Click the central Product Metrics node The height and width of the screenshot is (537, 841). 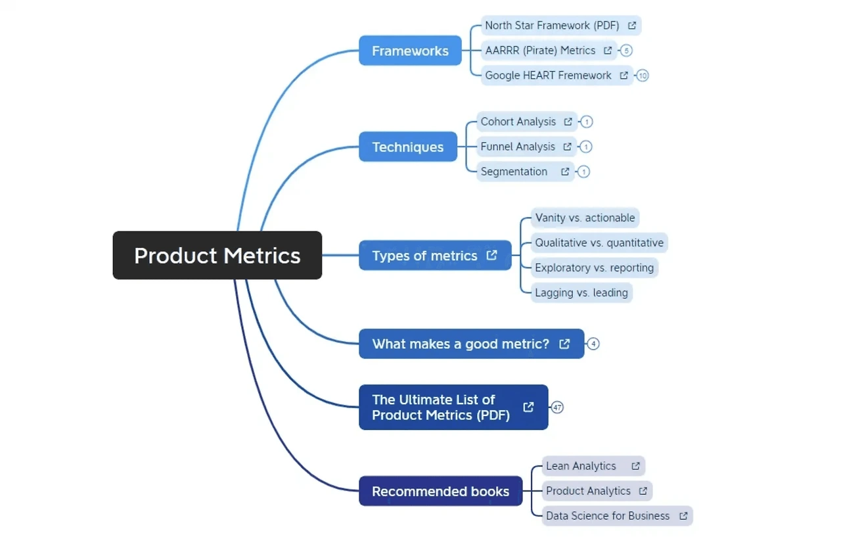[217, 256]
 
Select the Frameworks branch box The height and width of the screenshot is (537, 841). [410, 51]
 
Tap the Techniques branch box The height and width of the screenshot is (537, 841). [408, 147]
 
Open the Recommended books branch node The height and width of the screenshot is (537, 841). [441, 491]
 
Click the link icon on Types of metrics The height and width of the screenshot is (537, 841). [492, 256]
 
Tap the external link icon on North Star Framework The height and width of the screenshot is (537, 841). [632, 26]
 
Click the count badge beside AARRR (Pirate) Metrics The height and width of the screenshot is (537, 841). [626, 51]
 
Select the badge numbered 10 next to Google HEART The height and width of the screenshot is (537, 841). [643, 76]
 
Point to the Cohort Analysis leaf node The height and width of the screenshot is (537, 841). [527, 122]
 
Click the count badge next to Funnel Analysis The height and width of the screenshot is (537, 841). [586, 147]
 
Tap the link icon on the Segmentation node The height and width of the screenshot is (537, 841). [565, 172]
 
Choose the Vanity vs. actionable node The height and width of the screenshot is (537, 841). [585, 218]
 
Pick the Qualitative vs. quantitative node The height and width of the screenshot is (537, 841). [599, 243]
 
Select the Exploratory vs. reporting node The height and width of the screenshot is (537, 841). [595, 268]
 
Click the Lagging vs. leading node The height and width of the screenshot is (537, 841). [581, 292]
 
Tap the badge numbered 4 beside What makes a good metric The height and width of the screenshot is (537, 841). [593, 344]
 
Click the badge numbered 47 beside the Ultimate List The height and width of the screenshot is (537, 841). [557, 408]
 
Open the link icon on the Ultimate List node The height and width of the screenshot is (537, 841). [529, 407]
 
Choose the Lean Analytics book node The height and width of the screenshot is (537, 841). [593, 466]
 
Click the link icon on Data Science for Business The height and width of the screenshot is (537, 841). [684, 516]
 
